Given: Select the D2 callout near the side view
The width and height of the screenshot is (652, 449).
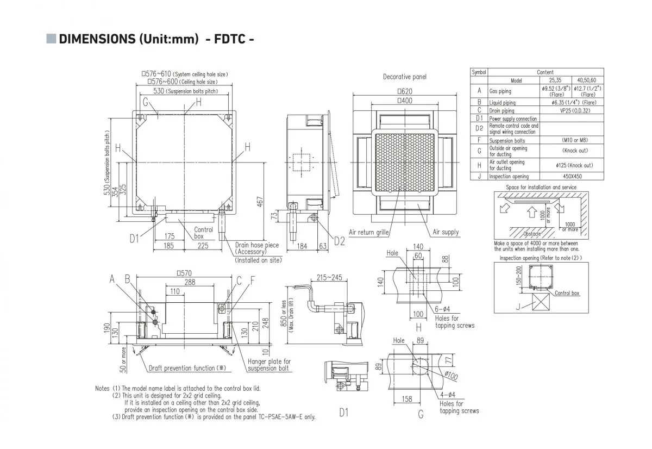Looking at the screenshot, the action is click(x=340, y=241).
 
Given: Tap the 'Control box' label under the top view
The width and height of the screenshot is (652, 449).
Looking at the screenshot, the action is click(x=203, y=233).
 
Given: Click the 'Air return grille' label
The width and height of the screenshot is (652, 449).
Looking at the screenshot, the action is click(x=369, y=232).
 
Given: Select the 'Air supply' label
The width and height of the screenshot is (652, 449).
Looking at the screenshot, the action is click(x=446, y=232).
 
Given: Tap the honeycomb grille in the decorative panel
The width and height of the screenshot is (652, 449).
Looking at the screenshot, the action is click(x=405, y=163).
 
